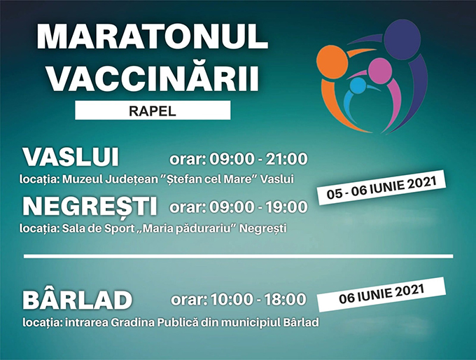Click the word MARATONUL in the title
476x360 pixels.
click(153, 36)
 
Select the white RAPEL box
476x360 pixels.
click(153, 110)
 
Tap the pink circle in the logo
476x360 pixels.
click(380, 71)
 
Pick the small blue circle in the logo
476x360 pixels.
click(357, 85)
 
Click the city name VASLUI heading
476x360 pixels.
click(71, 158)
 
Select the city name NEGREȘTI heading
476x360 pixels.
click(90, 207)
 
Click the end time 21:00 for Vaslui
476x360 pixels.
click(286, 159)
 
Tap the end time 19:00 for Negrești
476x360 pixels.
click(286, 207)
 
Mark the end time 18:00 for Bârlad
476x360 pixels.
click(285, 299)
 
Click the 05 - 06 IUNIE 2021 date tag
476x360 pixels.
click(381, 188)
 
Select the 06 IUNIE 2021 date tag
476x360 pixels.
click(381, 294)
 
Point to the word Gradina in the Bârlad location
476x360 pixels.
click(132, 322)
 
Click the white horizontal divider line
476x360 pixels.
click(238, 256)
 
